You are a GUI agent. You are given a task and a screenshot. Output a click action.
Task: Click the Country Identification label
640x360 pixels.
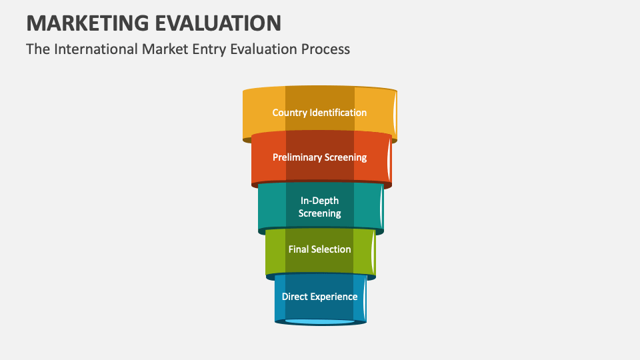[x=319, y=113]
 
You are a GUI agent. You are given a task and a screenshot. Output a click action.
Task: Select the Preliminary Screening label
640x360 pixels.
[x=319, y=157]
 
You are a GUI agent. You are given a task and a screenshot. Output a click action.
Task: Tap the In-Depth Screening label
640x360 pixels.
[x=319, y=207]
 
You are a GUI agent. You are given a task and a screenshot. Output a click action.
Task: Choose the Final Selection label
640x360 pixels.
[x=319, y=249]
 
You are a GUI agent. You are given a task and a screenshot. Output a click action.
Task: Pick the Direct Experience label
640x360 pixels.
[x=319, y=297]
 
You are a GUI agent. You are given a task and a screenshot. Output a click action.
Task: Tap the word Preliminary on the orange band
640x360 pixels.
[x=297, y=157]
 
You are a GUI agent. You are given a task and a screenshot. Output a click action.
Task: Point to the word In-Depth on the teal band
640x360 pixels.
[x=319, y=201]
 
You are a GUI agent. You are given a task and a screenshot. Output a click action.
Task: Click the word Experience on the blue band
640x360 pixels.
[x=334, y=297]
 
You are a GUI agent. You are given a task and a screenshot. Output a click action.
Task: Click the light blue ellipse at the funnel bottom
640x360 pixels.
[x=319, y=322]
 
